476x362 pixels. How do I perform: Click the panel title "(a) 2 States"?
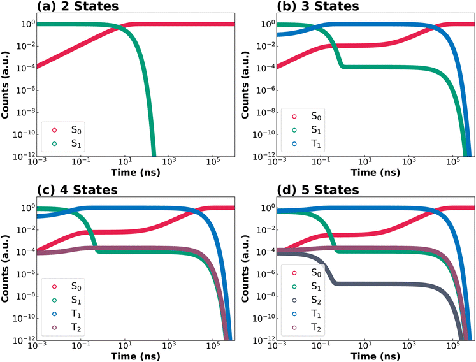pyautogui.click(x=78, y=6)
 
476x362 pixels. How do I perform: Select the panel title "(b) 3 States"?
pyautogui.click(x=318, y=6)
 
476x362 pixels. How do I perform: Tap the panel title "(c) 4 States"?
pyautogui.click(x=77, y=190)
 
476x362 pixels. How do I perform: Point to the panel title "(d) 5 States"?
pyautogui.click(x=318, y=190)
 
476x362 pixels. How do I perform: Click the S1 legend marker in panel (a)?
pyautogui.click(x=54, y=143)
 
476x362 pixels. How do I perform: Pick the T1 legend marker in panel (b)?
pyautogui.click(x=294, y=143)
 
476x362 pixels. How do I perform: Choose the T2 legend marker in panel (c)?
pyautogui.click(x=54, y=328)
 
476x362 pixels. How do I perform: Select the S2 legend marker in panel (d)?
pyautogui.click(x=294, y=300)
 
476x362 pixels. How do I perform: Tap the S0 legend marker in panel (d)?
pyautogui.click(x=294, y=273)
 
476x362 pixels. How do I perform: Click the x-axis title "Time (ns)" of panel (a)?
pyautogui.click(x=135, y=173)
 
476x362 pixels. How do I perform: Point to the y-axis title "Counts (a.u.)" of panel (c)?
pyautogui.click(x=4, y=269)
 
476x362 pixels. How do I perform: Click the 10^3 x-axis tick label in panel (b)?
pyautogui.click(x=408, y=162)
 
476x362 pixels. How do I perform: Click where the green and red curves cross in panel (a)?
pyautogui.click(x=118, y=28)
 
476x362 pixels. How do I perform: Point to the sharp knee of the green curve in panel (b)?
pyautogui.click(x=343, y=66)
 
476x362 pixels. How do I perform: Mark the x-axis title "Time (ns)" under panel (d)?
pyautogui.click(x=375, y=356)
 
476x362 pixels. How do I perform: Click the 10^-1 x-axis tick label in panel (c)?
pyautogui.click(x=80, y=345)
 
